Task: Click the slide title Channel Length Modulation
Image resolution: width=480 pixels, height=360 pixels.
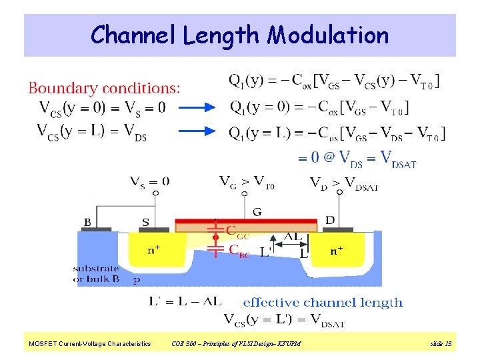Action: (x=239, y=35)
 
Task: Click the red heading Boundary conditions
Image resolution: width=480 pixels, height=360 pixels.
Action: (x=103, y=87)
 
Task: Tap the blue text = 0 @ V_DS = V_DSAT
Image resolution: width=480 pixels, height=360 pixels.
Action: (x=357, y=159)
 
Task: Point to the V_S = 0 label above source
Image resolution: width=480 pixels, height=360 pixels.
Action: (x=149, y=181)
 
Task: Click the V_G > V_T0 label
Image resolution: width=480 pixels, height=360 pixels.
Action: (x=246, y=181)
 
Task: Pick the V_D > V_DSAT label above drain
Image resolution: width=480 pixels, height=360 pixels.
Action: (x=344, y=181)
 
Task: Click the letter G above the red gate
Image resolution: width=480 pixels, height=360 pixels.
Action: (x=257, y=212)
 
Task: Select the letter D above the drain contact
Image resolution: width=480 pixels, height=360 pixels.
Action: (x=330, y=220)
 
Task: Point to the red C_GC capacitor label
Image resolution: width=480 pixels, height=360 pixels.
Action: (x=239, y=232)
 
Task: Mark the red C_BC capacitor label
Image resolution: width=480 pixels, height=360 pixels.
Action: (x=239, y=250)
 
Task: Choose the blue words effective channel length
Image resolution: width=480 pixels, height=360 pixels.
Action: (x=323, y=302)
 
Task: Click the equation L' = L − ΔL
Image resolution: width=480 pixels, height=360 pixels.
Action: (x=185, y=302)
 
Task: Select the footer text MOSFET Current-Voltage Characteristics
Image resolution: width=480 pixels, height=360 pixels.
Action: (x=89, y=344)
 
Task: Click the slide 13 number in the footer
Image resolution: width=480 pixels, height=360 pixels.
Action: (x=441, y=344)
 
